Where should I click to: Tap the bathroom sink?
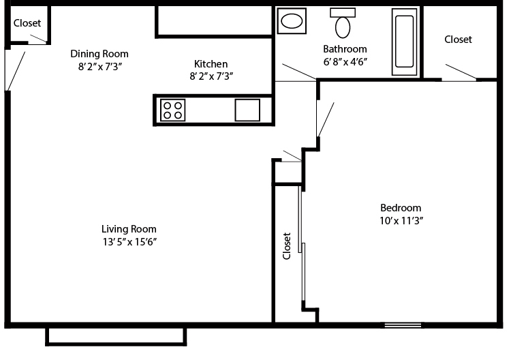tap(293, 21)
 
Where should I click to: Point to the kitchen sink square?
tap(247, 110)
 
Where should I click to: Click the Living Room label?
tap(129, 229)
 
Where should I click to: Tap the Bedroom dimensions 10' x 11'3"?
tap(401, 220)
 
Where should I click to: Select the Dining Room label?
tap(99, 54)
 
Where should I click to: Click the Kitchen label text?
tap(211, 64)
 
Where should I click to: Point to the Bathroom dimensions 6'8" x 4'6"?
tap(345, 61)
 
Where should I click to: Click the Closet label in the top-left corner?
tap(27, 23)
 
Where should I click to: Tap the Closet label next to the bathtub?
tap(458, 40)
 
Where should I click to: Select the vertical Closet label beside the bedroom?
tap(287, 246)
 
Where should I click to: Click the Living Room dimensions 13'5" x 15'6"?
tap(129, 242)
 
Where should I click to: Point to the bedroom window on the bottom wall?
tap(403, 325)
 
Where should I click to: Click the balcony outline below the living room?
tap(115, 337)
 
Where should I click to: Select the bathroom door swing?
tap(297, 73)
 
